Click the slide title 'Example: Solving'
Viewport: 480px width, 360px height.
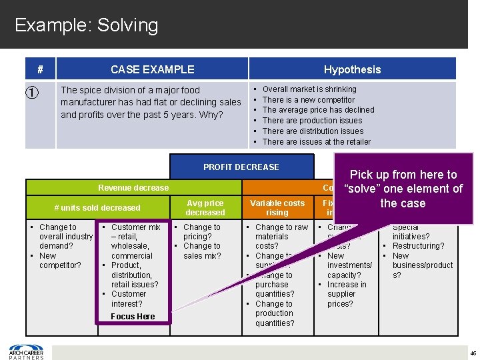(87, 25)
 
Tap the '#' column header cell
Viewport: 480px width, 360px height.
(41, 69)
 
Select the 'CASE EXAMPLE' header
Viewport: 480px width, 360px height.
(152, 69)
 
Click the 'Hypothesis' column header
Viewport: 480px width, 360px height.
(352, 69)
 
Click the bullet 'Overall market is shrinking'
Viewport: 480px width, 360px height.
(309, 89)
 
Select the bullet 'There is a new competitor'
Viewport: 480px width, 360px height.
(308, 99)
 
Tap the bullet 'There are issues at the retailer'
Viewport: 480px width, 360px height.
(316, 141)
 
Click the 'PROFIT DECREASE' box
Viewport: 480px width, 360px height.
(241, 167)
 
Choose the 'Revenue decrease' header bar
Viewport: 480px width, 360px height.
(133, 188)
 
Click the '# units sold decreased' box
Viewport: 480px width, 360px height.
(97, 207)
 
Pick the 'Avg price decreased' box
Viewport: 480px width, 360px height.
(205, 207)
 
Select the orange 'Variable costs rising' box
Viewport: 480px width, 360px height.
(277, 207)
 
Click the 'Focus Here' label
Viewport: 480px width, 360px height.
(133, 317)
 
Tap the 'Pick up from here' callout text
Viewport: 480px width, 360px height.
(403, 188)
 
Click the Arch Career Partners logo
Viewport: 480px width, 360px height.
(26, 351)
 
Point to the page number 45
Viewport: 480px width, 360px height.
(472, 353)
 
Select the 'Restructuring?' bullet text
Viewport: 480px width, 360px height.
(418, 246)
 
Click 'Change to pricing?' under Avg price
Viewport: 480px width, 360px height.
(201, 232)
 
